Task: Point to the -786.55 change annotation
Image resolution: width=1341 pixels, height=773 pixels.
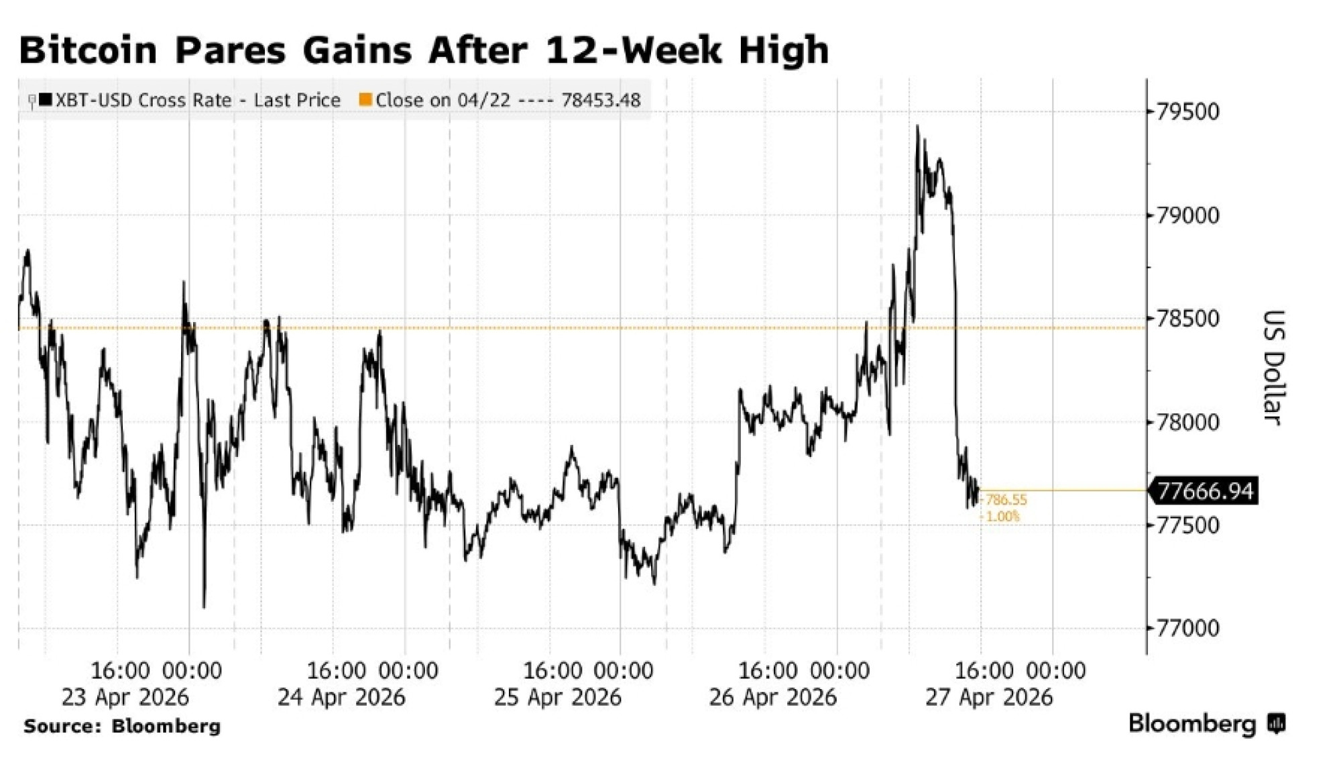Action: pos(1005,500)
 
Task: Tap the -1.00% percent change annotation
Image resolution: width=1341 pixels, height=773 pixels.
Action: pos(1002,516)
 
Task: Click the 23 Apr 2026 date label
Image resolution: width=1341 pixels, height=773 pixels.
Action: pos(125,697)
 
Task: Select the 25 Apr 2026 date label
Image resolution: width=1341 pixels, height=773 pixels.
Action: pos(557,697)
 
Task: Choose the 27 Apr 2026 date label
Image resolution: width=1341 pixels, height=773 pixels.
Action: pos(989,697)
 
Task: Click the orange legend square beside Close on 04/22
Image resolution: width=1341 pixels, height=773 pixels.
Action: pos(365,100)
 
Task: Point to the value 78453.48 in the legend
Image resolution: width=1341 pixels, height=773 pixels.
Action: pos(601,101)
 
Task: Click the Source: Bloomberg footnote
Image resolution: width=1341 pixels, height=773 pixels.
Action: pos(122,726)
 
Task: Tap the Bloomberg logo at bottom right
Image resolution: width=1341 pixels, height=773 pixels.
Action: pos(1206,723)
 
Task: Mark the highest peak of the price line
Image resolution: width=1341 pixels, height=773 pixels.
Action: pos(917,126)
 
